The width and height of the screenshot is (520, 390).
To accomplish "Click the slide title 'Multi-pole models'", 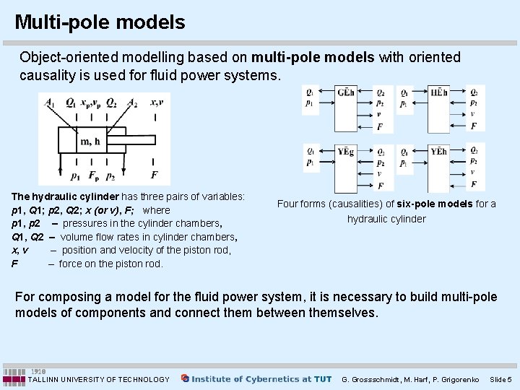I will (x=100, y=22).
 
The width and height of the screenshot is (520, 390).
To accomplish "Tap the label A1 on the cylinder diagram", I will (x=49, y=103).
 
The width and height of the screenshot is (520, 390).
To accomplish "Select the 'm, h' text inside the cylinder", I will (x=90, y=141).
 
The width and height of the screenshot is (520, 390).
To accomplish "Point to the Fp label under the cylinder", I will (x=93, y=175).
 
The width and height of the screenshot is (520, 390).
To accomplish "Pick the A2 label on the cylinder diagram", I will (x=132, y=103).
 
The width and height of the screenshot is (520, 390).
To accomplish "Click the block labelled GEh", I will (x=347, y=108).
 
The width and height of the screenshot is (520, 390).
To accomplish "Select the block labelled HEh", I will (x=438, y=108).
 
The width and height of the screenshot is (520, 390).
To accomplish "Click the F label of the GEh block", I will (x=380, y=127).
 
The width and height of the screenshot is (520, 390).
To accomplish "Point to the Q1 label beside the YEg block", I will (x=311, y=152).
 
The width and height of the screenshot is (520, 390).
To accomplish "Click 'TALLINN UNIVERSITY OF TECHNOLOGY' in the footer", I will (x=99, y=379).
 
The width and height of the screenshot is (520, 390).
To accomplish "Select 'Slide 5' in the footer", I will (x=500, y=379).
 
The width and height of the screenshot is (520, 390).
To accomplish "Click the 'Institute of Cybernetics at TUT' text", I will (x=261, y=378).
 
